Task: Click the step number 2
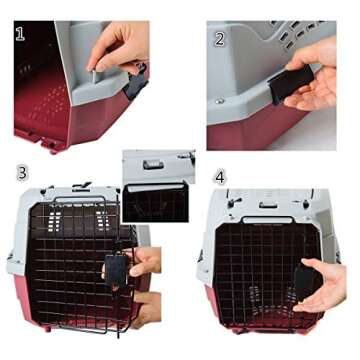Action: coord(219,40)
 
